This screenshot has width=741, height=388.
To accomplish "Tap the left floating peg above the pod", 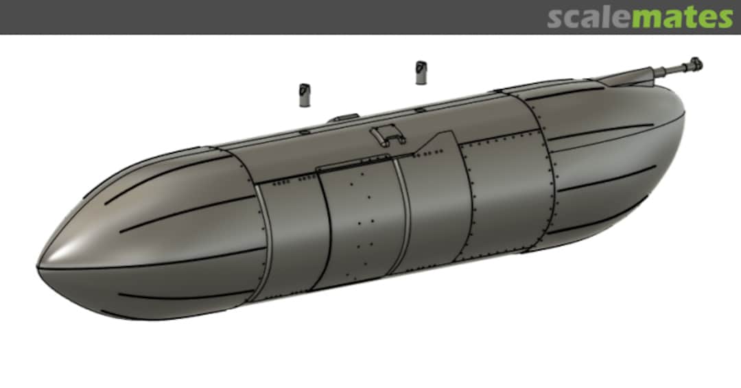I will [305, 95].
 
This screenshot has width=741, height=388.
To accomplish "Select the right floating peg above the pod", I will [421, 72].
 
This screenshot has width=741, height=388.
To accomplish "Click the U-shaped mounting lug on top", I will [388, 136].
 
